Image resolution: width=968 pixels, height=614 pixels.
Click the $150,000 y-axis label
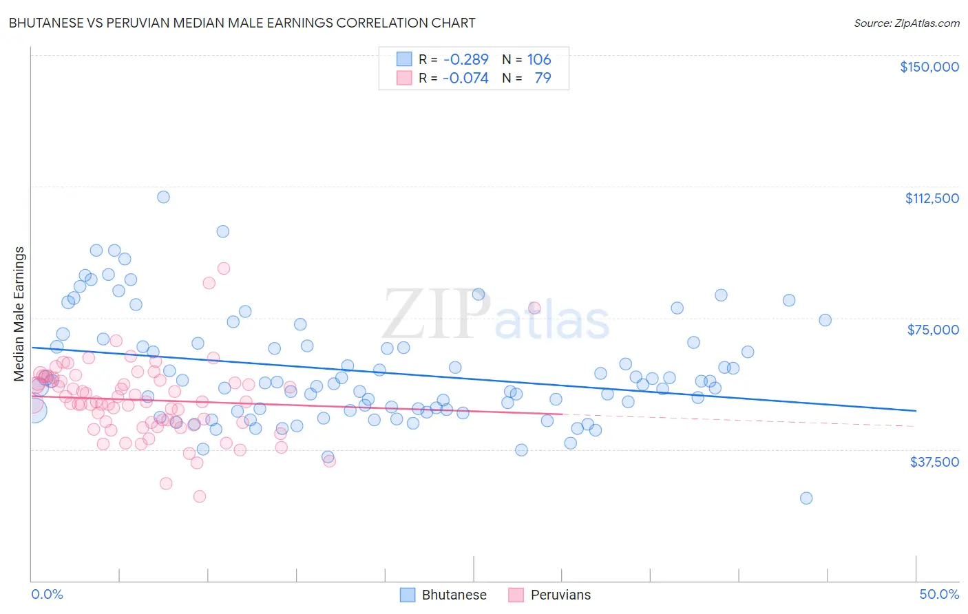[929, 67]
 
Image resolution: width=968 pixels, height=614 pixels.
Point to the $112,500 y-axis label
[931, 198]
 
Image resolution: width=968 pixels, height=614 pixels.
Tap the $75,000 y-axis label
[932, 330]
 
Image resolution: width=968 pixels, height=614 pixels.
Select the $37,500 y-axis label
[934, 462]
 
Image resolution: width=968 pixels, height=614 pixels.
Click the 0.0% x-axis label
[47, 594]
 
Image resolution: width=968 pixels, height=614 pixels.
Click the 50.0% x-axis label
[938, 594]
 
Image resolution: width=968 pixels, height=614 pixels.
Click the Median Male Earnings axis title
[19, 313]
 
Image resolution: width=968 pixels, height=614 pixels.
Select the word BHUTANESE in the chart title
[44, 23]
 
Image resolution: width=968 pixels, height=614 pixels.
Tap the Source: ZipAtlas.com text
[906, 23]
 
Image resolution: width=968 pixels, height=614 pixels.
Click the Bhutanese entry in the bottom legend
[443, 595]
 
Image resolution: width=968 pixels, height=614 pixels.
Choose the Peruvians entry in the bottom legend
[549, 595]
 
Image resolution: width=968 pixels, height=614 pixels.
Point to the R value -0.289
[465, 59]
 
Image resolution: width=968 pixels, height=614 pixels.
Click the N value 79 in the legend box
[543, 78]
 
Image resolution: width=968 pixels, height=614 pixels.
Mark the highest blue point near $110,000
[163, 197]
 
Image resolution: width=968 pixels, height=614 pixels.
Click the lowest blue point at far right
[806, 498]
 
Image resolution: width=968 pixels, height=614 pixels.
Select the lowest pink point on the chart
[200, 496]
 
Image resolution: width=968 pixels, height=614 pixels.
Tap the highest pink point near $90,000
[223, 268]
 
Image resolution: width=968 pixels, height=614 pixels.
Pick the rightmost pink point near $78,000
[534, 308]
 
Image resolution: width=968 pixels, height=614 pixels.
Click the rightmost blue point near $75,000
[825, 320]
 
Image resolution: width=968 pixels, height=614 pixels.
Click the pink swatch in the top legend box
[404, 78]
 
